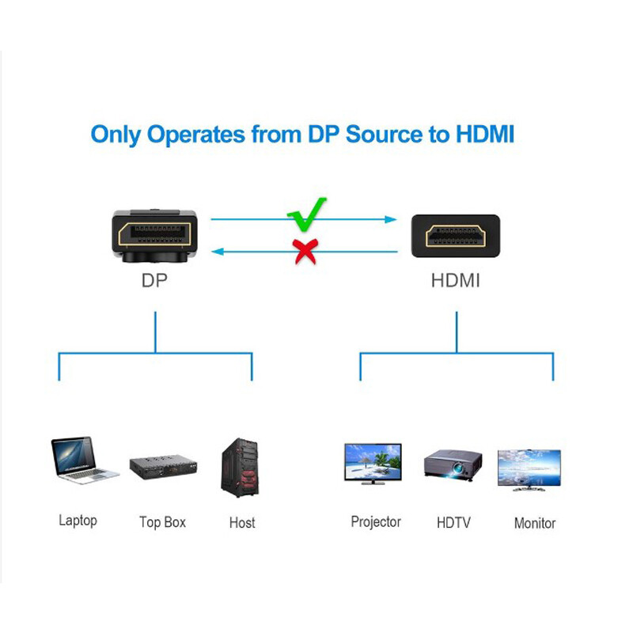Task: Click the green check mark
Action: [305, 211]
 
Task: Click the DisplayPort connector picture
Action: [154, 235]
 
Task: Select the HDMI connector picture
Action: [455, 235]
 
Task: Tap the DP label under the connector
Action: [154, 281]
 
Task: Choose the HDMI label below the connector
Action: [455, 281]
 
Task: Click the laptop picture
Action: [83, 460]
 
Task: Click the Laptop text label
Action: [78, 521]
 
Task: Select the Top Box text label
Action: [162, 522]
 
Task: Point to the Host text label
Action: [242, 522]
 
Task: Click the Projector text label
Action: [376, 522]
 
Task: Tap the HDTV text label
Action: [453, 522]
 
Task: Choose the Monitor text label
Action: [535, 523]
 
